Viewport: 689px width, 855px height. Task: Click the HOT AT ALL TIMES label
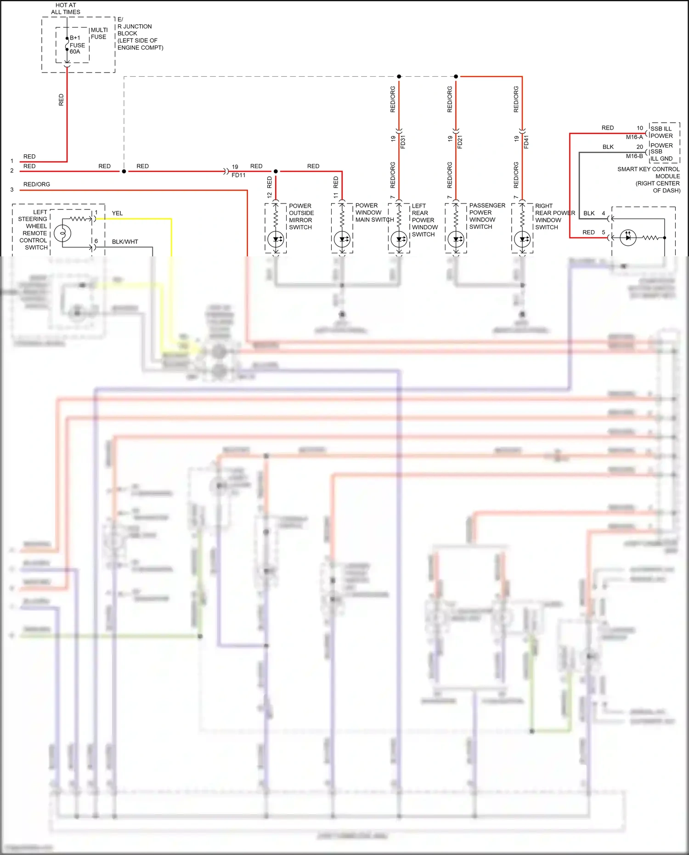pyautogui.click(x=66, y=8)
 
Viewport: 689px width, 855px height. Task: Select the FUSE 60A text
pyautogui.click(x=77, y=48)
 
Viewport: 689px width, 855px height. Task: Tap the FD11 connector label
pyautogui.click(x=238, y=175)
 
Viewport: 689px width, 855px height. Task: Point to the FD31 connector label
pyautogui.click(x=403, y=142)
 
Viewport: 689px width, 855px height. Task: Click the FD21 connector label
pyautogui.click(x=460, y=142)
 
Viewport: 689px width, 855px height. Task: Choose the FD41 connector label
pyautogui.click(x=526, y=142)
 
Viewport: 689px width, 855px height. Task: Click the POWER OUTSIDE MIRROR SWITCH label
pyautogui.click(x=301, y=216)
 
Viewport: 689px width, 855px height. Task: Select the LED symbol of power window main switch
pyautogui.click(x=342, y=239)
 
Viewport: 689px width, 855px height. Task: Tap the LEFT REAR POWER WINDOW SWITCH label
pyautogui.click(x=424, y=220)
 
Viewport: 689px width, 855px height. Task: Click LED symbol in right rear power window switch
pyautogui.click(x=522, y=239)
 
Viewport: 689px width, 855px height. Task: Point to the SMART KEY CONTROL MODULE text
pyautogui.click(x=649, y=173)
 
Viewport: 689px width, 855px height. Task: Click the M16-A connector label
pyautogui.click(x=634, y=137)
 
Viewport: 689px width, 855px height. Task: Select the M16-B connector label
pyautogui.click(x=634, y=156)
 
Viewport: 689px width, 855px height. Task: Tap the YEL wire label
pyautogui.click(x=117, y=213)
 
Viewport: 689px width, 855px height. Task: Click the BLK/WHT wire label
pyautogui.click(x=125, y=242)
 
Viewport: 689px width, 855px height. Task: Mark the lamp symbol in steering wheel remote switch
pyautogui.click(x=62, y=233)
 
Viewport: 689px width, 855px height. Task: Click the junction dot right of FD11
pyautogui.click(x=276, y=171)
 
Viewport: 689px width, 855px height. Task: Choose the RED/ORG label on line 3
pyautogui.click(x=37, y=184)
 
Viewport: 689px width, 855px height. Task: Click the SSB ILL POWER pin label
pyautogui.click(x=661, y=132)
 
